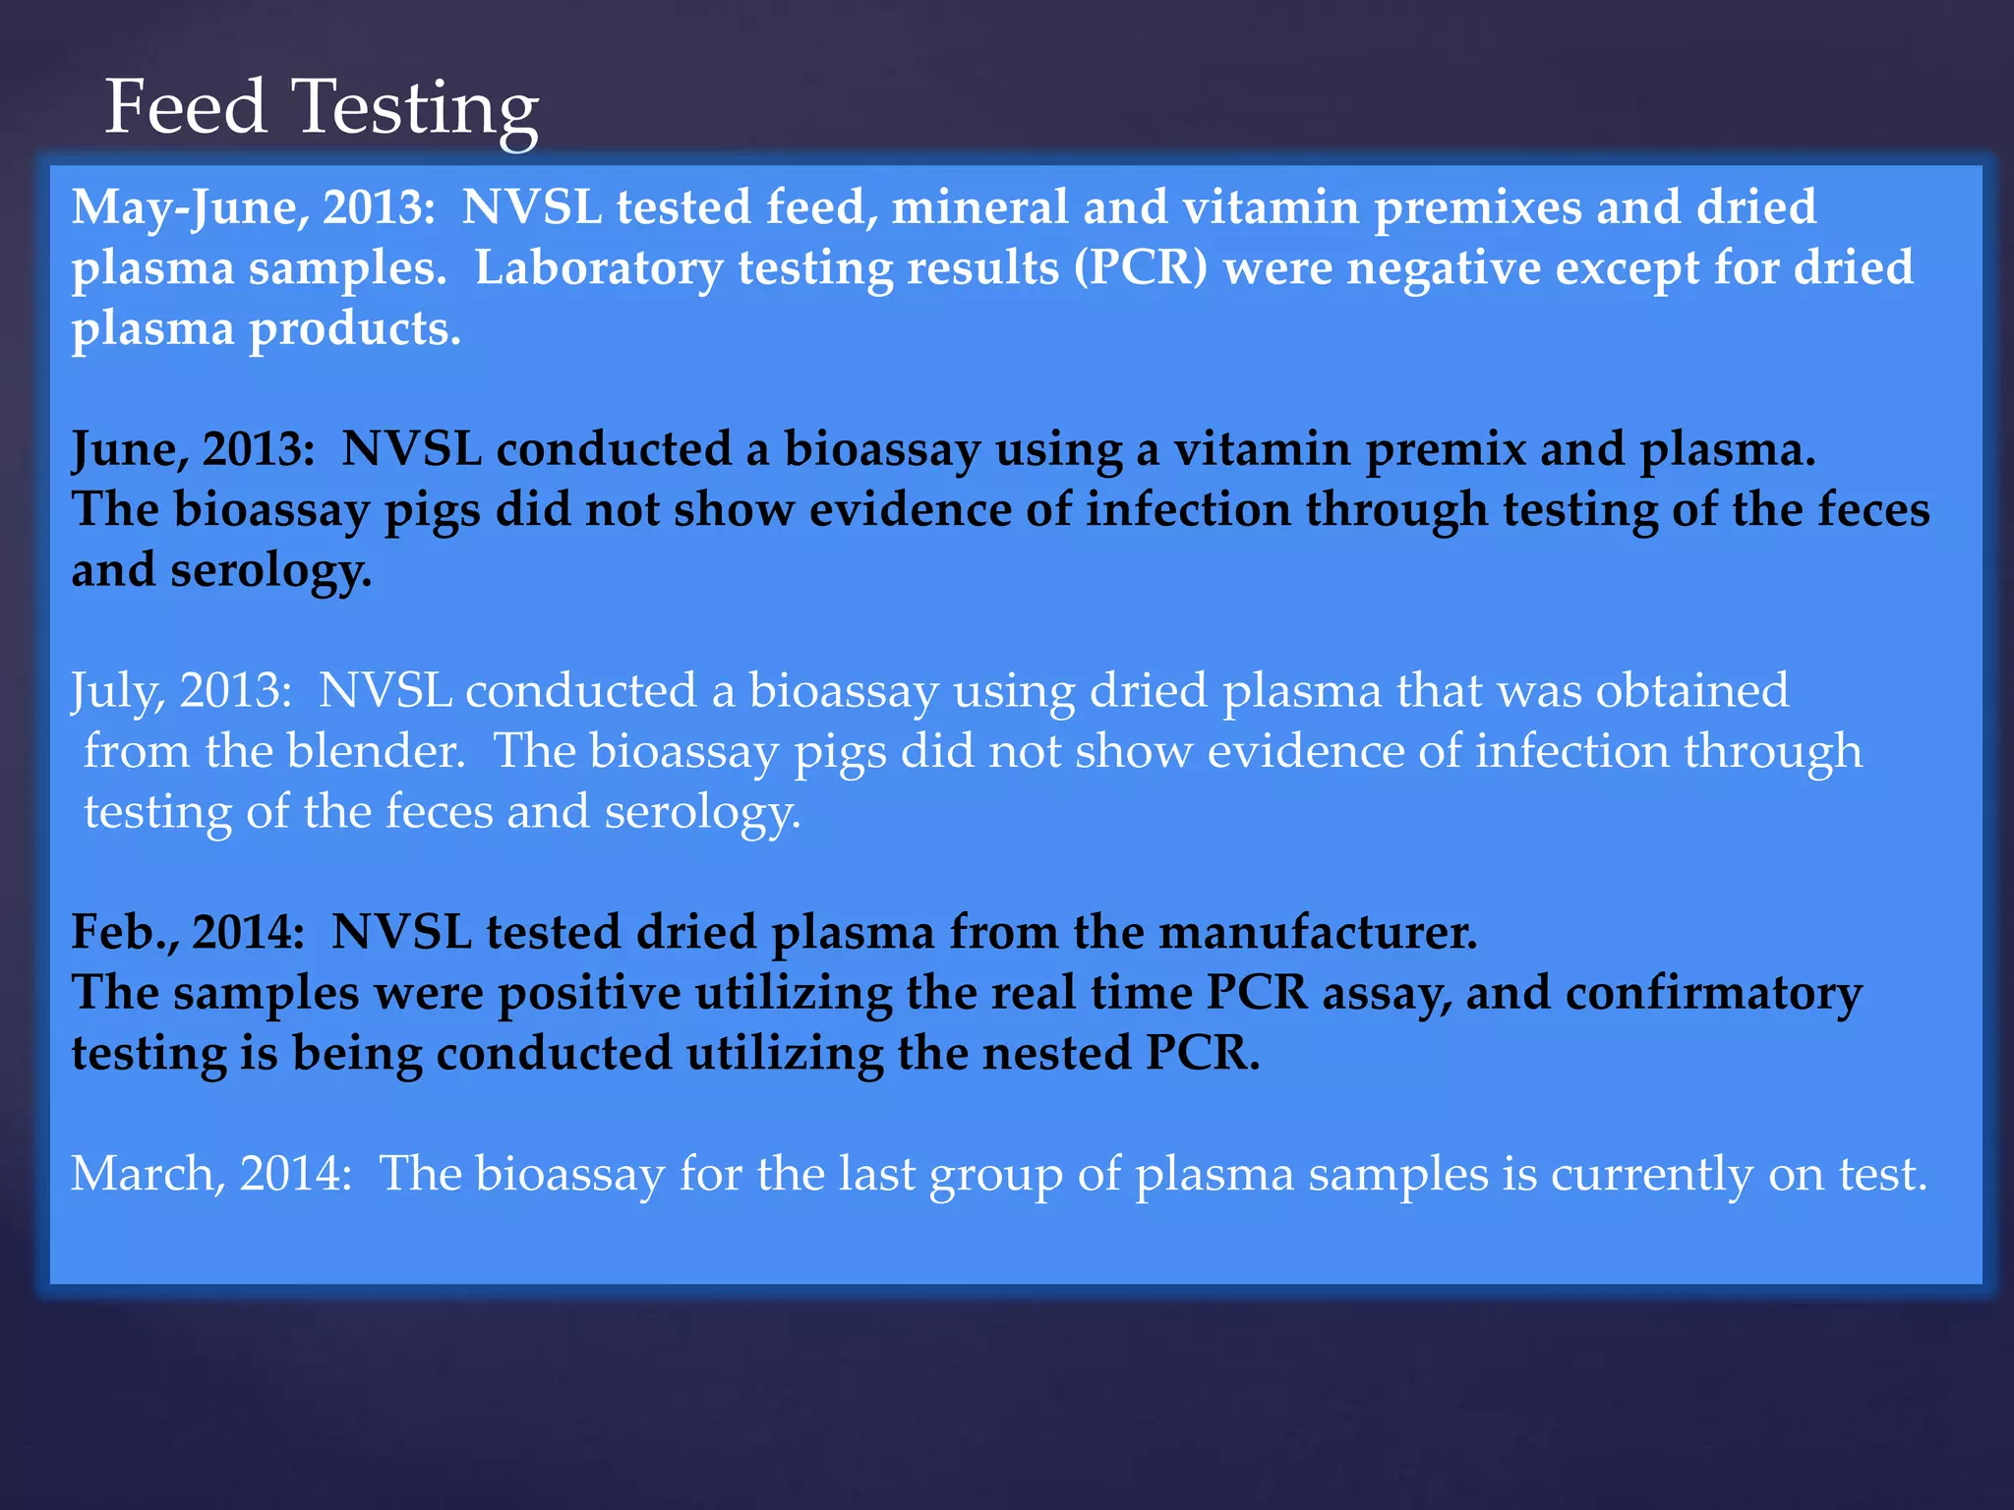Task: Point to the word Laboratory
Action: [599, 268]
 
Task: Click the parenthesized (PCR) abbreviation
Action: [1141, 267]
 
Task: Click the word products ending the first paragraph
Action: [355, 329]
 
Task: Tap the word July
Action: [117, 691]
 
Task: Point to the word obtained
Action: [1691, 691]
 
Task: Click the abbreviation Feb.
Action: [124, 932]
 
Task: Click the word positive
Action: [589, 993]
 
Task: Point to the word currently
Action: [1652, 1174]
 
